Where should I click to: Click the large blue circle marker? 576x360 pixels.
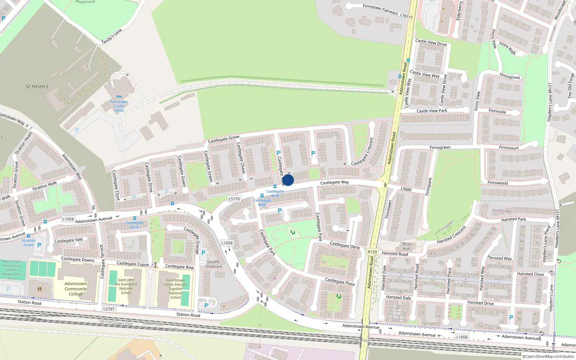pos(288,180)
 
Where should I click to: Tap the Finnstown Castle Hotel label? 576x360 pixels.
pos(119,106)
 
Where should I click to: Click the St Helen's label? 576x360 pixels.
pos(37,86)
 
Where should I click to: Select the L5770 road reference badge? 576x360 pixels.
pos(234,199)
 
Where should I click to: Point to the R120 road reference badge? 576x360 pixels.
pos(372,252)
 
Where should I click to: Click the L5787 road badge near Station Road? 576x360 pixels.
pos(109,309)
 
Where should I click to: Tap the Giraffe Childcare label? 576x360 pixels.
pos(213,264)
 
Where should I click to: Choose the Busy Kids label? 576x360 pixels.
pos(407,246)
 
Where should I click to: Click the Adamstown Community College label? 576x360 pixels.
pos(76,289)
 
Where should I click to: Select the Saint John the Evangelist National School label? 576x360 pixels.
pos(126,286)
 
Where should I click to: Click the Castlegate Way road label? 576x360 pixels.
pos(334,183)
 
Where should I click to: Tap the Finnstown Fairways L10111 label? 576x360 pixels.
pos(387,11)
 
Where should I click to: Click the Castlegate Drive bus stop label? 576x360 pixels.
pos(134,225)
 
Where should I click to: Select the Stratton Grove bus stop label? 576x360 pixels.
pos(28,243)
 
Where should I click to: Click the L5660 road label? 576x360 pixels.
pos(406,189)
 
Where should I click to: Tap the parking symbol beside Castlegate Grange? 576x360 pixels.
pos(203,253)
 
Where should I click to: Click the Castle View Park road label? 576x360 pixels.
pos(432,111)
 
